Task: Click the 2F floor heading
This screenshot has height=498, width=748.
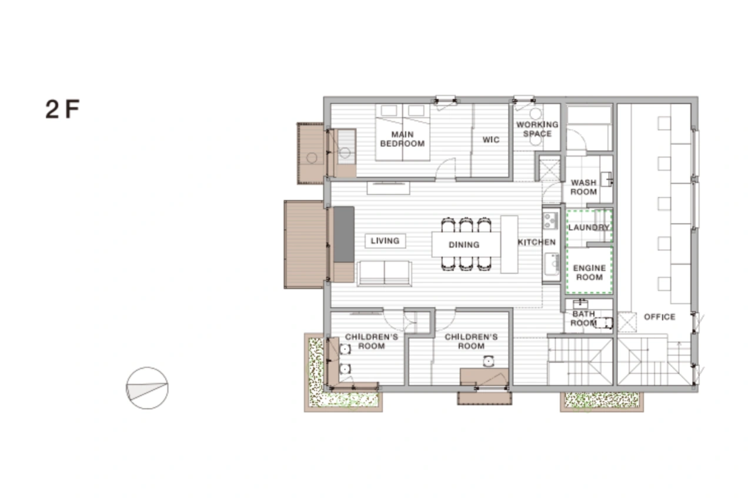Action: (x=62, y=109)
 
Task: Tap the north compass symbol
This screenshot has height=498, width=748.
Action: (x=147, y=388)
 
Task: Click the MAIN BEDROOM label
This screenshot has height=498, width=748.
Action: (x=402, y=139)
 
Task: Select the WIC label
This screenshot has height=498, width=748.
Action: (x=491, y=140)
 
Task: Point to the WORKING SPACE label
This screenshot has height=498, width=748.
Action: (x=537, y=129)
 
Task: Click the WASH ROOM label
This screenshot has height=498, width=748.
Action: (x=583, y=187)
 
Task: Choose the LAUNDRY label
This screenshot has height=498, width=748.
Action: (x=589, y=227)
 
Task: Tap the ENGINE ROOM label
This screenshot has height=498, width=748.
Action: (x=589, y=272)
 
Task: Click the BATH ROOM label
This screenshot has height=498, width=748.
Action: (x=583, y=318)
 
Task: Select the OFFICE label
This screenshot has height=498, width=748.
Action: (x=660, y=317)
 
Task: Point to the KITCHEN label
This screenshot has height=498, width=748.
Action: (x=537, y=242)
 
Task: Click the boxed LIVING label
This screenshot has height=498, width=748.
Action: (x=385, y=241)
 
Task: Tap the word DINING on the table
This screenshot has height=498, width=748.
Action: (x=464, y=245)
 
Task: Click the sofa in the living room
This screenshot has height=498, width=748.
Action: (x=385, y=274)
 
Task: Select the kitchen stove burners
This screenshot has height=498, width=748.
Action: (x=550, y=220)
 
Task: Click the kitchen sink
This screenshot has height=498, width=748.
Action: (x=551, y=264)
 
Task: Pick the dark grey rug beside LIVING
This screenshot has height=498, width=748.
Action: (x=344, y=234)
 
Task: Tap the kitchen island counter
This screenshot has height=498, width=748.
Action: (x=509, y=244)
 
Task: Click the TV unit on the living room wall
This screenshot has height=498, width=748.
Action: (x=388, y=188)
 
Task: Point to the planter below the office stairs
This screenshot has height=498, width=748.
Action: (x=602, y=401)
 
